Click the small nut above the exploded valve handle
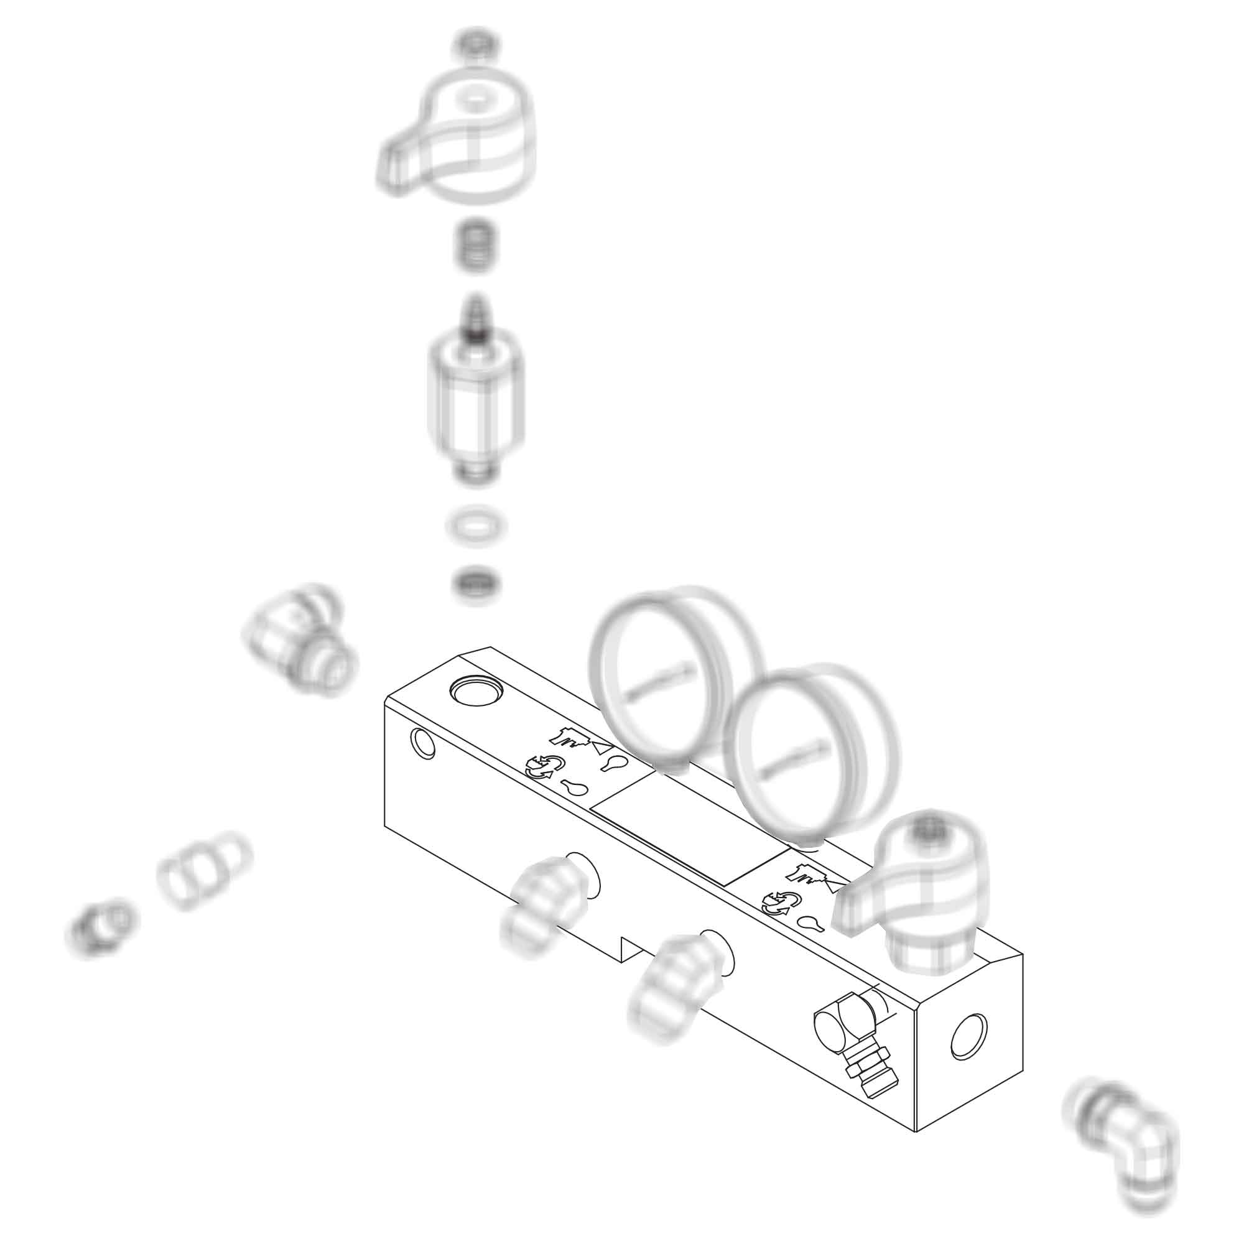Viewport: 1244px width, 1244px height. pyautogui.click(x=476, y=45)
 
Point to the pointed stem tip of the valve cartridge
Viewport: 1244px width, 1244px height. pyautogui.click(x=476, y=315)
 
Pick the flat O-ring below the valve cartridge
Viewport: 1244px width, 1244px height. pyautogui.click(x=476, y=527)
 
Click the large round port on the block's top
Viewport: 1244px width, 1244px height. pyautogui.click(x=476, y=691)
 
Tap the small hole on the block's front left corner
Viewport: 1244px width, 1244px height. pyautogui.click(x=422, y=744)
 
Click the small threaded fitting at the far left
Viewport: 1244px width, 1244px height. pyautogui.click(x=100, y=928)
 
